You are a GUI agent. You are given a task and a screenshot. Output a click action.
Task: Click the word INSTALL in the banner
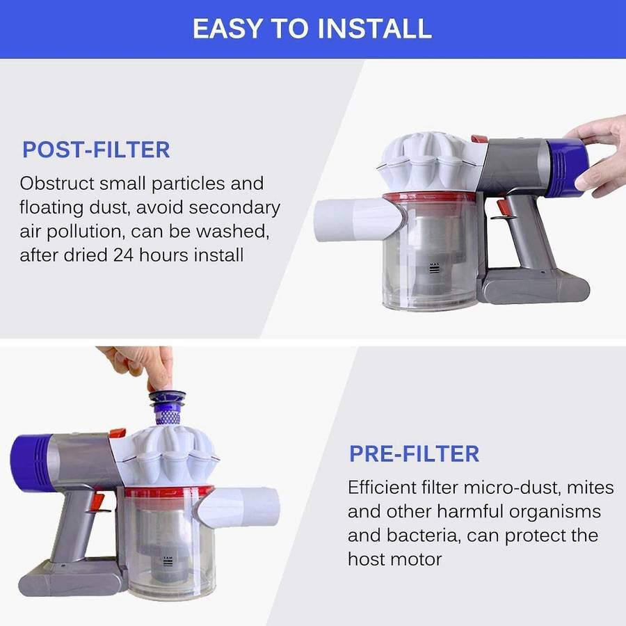click(374, 29)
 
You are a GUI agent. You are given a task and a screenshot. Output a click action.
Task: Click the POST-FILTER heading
click(96, 150)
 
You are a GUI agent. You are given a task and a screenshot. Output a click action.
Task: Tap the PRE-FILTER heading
click(414, 454)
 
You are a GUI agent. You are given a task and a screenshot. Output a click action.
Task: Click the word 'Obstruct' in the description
click(57, 184)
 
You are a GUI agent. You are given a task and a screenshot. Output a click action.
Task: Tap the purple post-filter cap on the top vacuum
click(566, 167)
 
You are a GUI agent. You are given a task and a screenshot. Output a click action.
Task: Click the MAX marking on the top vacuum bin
click(434, 264)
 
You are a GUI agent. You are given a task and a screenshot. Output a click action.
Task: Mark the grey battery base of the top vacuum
click(536, 287)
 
